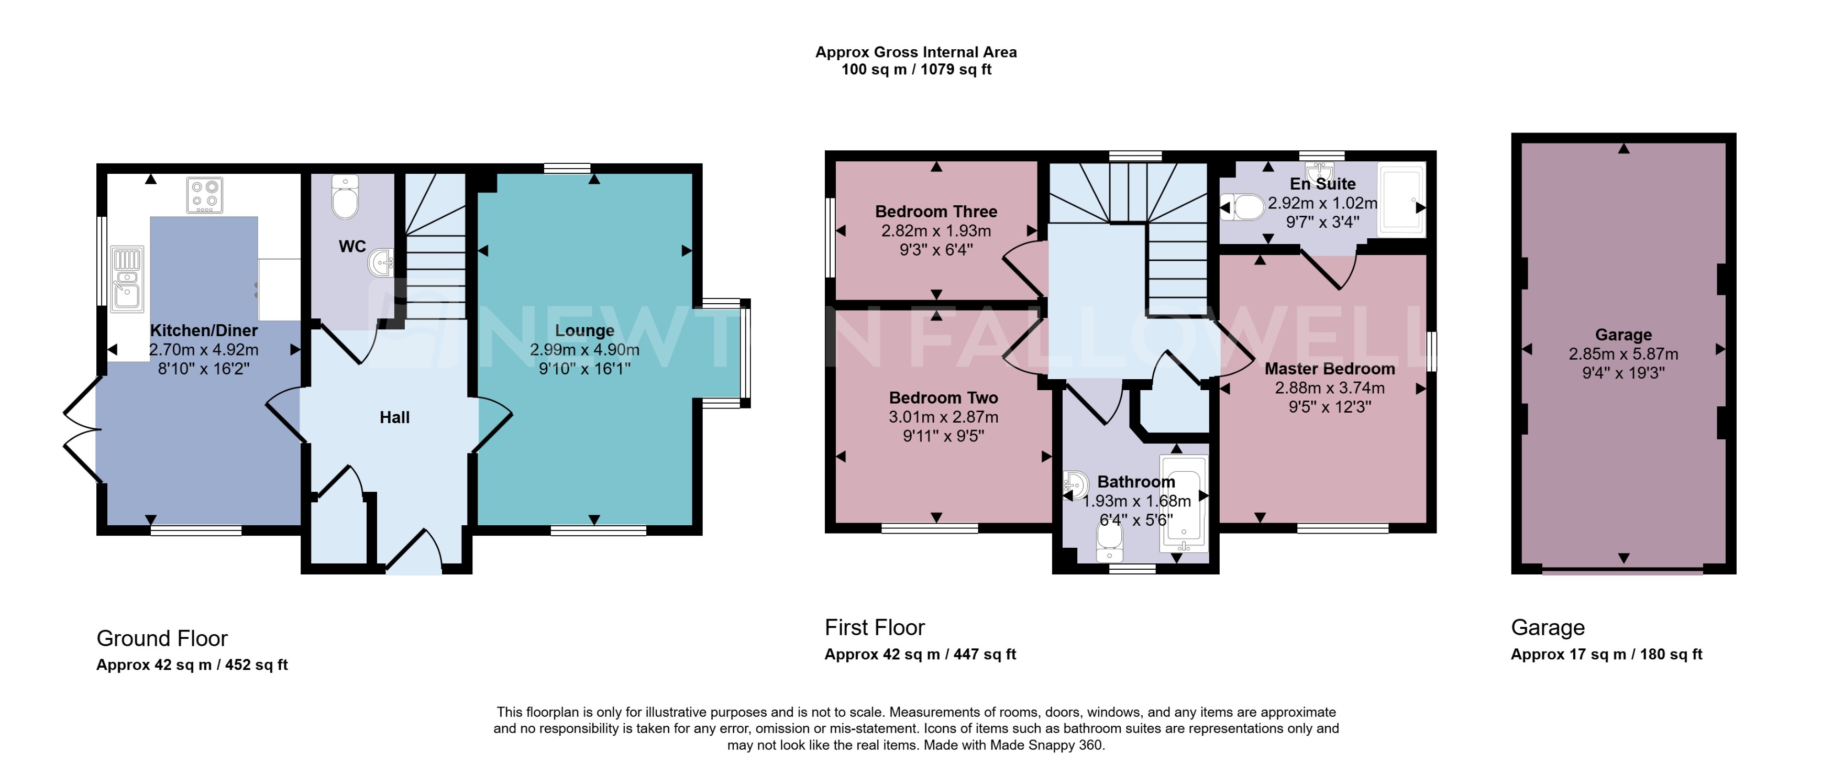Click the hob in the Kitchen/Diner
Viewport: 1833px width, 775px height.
click(205, 195)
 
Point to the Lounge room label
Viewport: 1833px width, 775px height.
click(584, 330)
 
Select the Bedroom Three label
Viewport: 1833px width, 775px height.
click(936, 212)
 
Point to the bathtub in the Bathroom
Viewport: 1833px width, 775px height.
click(1184, 504)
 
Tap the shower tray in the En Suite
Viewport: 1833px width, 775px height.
click(1401, 200)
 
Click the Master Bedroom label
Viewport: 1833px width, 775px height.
click(1329, 369)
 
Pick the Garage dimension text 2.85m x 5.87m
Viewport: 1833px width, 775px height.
click(1623, 353)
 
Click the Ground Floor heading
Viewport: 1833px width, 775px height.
click(162, 638)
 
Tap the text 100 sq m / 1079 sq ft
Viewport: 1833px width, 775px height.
click(916, 70)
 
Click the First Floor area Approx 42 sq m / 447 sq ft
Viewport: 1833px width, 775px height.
click(920, 654)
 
